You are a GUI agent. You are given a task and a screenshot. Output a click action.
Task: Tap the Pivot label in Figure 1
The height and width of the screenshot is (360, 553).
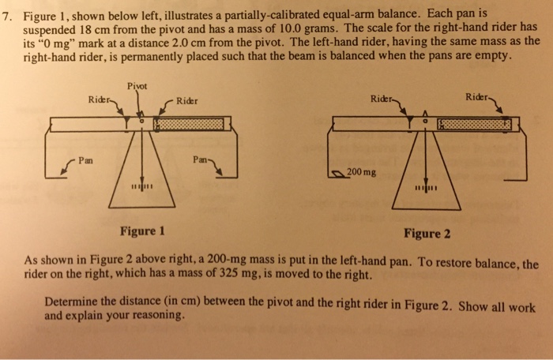[x=137, y=86]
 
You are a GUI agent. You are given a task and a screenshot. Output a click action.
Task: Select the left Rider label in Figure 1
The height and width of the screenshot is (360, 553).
[x=100, y=100]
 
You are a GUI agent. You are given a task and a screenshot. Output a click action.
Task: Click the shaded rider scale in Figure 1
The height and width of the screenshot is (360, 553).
[x=186, y=124]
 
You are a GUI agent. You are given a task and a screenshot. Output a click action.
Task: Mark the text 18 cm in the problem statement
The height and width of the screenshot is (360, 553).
[x=114, y=30]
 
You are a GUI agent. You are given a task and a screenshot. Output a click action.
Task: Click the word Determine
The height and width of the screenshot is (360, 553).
[x=73, y=302]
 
